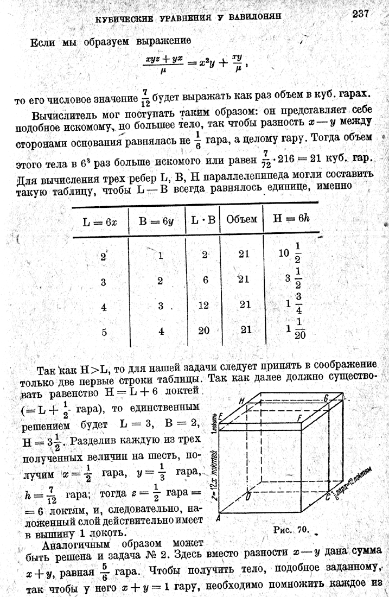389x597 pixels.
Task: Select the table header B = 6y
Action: (x=157, y=220)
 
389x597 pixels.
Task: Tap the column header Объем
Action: (x=241, y=219)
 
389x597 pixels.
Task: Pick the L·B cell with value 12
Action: (x=203, y=305)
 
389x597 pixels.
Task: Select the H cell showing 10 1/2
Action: (x=291, y=255)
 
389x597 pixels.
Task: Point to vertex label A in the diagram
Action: (x=218, y=518)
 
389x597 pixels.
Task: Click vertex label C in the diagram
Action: (x=327, y=495)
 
